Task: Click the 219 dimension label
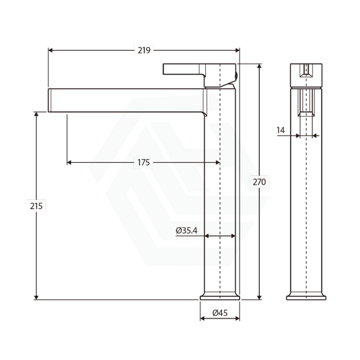point(144,51)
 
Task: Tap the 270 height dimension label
point(260,182)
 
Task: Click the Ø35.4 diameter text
point(187,231)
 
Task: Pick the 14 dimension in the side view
point(281,130)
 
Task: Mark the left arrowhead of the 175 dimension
point(69,162)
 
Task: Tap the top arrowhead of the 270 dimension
point(260,66)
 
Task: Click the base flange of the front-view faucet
point(220,297)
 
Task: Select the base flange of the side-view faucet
point(306,297)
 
